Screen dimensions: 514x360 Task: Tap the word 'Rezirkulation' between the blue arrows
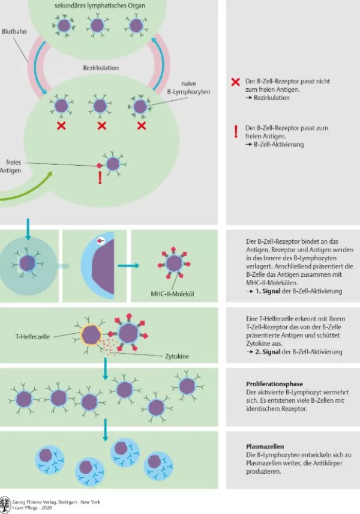[x=100, y=68]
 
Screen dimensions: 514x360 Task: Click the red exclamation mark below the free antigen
[x=100, y=177]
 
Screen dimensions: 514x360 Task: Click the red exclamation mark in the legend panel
[x=236, y=132]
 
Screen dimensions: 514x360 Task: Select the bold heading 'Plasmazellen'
[x=262, y=446]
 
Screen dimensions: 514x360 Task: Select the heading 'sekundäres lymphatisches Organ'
[x=100, y=5]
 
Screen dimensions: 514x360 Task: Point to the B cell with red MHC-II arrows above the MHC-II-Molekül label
[x=174, y=263]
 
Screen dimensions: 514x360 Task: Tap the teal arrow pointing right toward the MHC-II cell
[x=124, y=265]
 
